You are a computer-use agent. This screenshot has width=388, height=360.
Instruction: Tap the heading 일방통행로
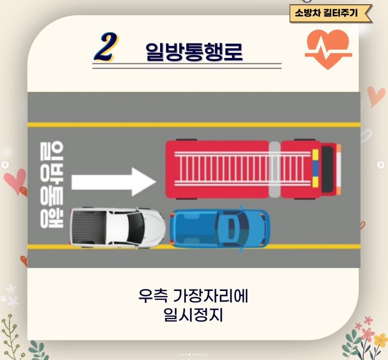click(194, 52)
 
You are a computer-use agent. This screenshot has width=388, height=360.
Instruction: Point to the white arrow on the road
click(114, 182)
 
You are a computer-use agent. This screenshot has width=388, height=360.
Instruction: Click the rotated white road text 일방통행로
click(52, 184)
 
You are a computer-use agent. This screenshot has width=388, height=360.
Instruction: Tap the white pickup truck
click(117, 227)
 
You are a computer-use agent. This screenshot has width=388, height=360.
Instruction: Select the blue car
click(220, 228)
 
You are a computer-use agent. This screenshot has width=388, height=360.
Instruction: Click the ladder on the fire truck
click(242, 169)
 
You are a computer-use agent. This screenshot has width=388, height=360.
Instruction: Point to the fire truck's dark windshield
click(327, 169)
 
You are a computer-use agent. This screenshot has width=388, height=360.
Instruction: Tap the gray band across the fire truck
click(274, 169)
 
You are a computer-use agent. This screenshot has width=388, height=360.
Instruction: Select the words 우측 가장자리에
click(193, 296)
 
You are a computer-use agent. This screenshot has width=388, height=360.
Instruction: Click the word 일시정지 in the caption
click(193, 315)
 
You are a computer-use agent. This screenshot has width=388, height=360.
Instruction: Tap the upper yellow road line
click(194, 125)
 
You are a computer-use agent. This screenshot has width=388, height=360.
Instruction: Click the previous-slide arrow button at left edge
click(5, 165)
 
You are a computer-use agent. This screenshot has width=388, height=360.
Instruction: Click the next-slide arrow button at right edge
click(381, 164)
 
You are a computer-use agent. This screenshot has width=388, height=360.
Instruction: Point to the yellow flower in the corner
click(380, 340)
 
